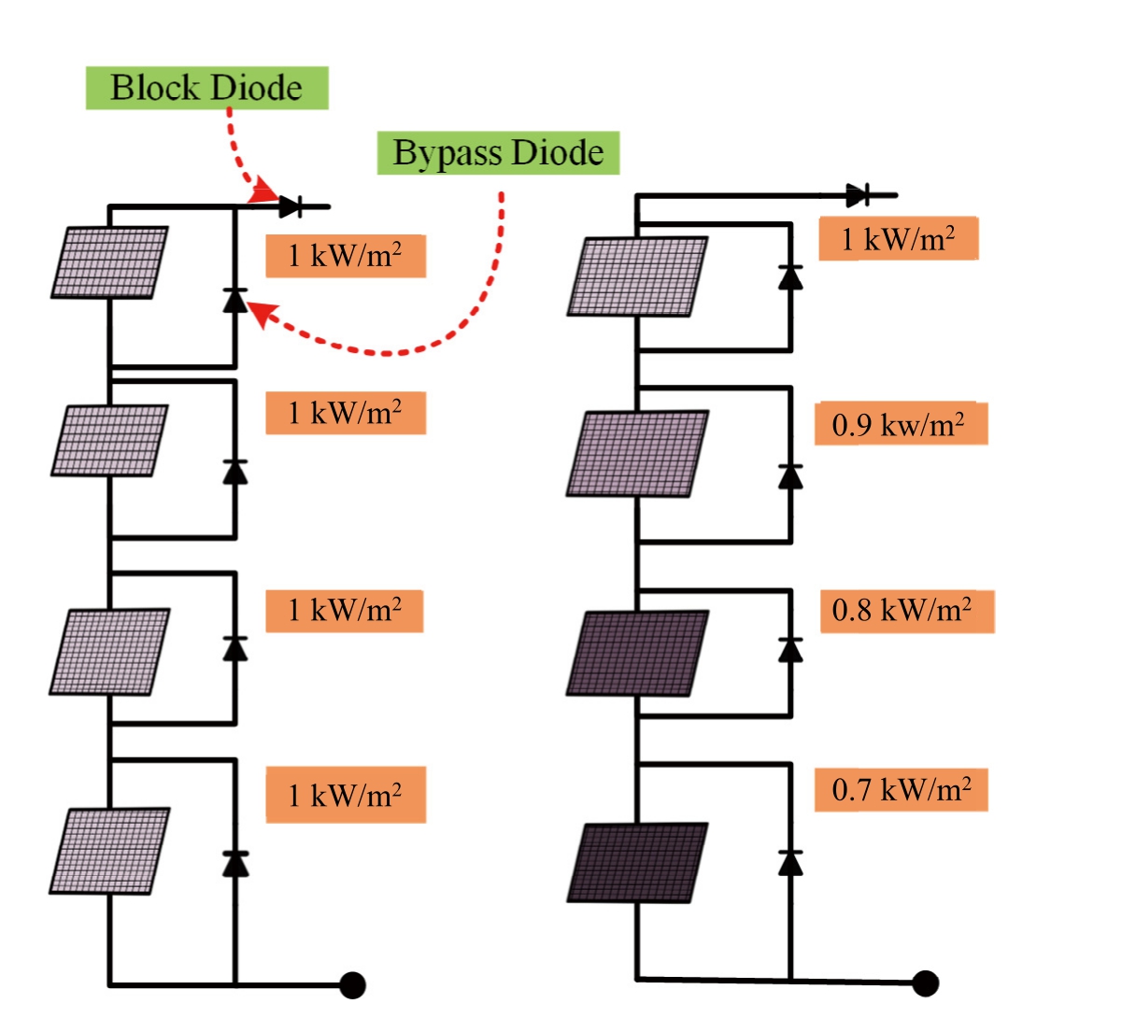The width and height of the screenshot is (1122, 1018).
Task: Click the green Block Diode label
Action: point(206,88)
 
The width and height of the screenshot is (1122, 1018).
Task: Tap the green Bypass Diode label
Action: point(498,152)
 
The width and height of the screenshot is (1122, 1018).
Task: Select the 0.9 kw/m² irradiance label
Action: point(900,425)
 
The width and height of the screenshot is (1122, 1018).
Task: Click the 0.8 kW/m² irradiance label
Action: point(905,611)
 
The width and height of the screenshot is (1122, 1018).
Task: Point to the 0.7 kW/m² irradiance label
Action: point(900,790)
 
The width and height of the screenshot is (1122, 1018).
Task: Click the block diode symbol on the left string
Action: point(291,205)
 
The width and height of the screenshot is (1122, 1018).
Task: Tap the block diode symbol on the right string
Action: point(858,195)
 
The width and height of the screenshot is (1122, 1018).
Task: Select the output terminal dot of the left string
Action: point(352,985)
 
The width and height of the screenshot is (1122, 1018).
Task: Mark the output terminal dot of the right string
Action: point(925,983)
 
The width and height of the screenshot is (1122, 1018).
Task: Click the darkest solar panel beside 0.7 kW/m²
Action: point(638,862)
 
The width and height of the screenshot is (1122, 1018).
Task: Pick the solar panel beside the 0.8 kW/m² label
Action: point(638,654)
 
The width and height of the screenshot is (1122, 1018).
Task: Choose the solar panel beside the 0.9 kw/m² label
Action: point(638,454)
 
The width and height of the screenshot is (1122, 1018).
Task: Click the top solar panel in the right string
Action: point(638,276)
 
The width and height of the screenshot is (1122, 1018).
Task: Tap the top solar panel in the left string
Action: point(110,262)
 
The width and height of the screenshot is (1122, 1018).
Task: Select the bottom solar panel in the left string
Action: point(110,851)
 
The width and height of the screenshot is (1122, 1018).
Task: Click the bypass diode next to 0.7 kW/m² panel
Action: point(790,862)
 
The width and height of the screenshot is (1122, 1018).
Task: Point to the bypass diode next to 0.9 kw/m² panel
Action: point(790,476)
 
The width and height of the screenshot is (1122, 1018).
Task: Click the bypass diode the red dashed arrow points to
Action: point(234,300)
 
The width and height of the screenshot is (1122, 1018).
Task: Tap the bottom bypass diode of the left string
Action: point(234,863)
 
